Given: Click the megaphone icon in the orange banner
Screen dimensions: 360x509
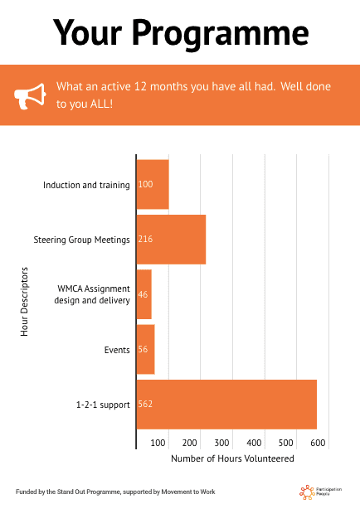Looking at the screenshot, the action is click(30, 96).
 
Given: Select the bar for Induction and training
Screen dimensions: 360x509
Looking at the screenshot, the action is click(153, 184).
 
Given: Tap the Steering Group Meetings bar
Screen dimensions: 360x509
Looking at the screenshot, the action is click(171, 240).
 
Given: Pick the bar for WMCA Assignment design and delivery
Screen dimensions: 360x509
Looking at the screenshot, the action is click(144, 294).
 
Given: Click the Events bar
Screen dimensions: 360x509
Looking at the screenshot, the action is click(145, 349).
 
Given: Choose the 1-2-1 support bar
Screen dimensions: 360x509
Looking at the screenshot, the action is click(226, 405).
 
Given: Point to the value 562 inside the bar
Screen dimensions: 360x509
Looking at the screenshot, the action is click(145, 404).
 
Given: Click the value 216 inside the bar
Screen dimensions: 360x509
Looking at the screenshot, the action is click(145, 239).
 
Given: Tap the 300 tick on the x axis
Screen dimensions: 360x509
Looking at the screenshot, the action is click(221, 443).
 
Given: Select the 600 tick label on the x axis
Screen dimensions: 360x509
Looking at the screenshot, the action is click(318, 443).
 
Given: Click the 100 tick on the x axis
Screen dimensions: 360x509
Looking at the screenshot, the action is click(158, 443).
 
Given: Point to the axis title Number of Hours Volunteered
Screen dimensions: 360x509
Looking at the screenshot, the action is click(232, 458).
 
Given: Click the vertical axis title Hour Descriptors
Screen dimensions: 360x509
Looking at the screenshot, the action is click(24, 301).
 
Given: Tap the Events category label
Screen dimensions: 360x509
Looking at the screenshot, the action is click(117, 350).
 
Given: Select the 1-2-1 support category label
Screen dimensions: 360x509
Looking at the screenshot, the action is click(103, 405).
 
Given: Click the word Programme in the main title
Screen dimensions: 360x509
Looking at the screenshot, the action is click(221, 33).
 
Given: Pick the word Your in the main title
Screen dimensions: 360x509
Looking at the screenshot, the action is click(87, 33).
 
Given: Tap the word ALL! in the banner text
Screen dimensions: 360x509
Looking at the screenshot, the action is click(101, 104).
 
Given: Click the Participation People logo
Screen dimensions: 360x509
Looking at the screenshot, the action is click(320, 492).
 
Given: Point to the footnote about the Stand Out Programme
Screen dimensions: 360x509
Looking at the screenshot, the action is click(115, 492).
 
